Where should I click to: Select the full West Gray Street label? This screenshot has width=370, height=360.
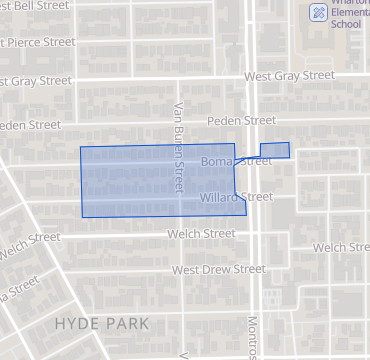291,75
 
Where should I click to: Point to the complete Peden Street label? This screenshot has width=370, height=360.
241,120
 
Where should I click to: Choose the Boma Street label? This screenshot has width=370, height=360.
236,160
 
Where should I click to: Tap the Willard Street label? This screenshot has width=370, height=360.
235,197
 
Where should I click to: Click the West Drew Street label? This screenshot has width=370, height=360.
218,270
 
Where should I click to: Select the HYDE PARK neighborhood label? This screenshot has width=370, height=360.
101,324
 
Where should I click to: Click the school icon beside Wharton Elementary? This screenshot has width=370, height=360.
318,12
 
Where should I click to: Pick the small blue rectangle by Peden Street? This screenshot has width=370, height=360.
275,150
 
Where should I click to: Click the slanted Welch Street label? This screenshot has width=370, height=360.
30,245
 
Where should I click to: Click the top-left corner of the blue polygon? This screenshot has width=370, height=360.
81,148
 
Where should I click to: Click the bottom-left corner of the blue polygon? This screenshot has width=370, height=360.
83,217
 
